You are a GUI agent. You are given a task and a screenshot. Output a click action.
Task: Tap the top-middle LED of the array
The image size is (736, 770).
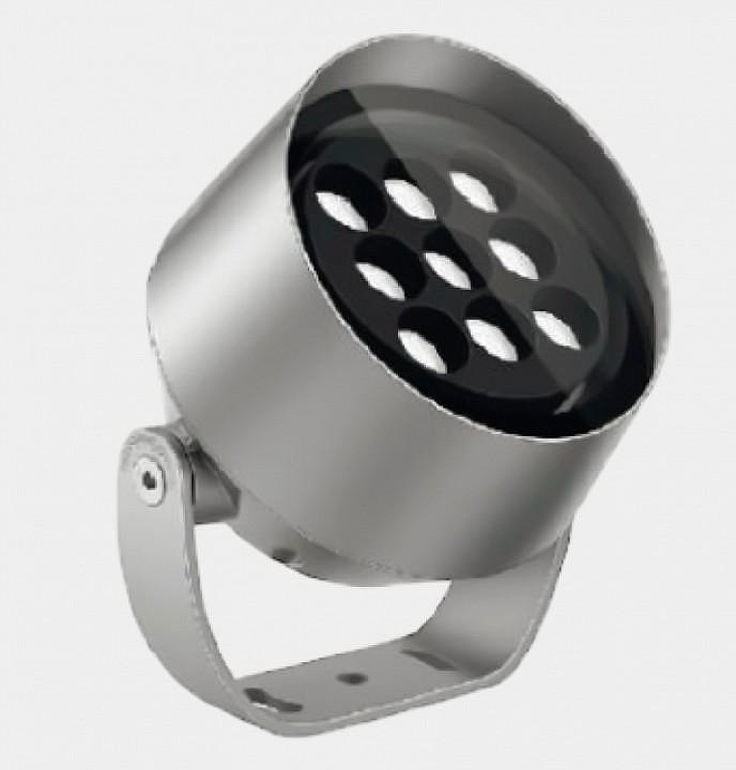click(412, 198)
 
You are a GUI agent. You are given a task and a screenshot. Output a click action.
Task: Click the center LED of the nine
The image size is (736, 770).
click(447, 269)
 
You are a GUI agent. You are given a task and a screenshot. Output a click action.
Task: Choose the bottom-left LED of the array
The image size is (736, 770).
click(423, 348)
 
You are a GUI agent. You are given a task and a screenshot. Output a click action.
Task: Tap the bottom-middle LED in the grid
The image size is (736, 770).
click(491, 338)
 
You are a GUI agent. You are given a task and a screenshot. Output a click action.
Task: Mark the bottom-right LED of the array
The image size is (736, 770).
click(557, 327)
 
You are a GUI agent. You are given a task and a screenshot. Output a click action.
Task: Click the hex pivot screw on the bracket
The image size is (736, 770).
click(147, 475)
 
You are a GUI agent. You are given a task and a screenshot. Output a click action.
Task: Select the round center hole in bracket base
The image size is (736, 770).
click(354, 678)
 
